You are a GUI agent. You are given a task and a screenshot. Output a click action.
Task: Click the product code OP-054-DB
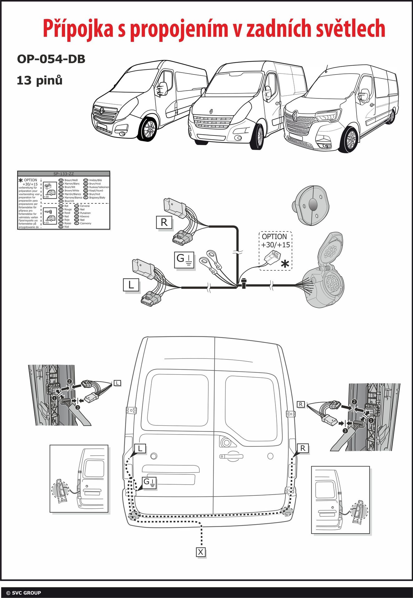click(51, 59)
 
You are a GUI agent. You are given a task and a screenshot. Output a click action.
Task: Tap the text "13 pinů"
click(40, 80)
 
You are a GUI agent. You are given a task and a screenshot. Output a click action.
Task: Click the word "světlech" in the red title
click(351, 29)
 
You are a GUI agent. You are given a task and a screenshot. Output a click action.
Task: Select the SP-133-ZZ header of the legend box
click(64, 174)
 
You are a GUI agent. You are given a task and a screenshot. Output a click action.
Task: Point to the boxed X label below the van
click(201, 552)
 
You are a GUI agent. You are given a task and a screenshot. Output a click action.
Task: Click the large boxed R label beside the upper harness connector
click(164, 222)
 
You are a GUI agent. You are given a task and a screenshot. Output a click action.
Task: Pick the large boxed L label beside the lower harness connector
click(131, 285)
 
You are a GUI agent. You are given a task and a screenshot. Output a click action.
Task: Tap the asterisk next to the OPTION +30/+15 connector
click(285, 264)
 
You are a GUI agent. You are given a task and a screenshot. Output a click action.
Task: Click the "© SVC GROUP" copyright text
click(24, 593)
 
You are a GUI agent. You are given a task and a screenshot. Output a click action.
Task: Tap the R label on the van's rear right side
click(303, 448)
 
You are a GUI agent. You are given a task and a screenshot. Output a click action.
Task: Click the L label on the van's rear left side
click(140, 448)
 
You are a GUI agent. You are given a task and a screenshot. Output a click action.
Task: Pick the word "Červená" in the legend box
click(85, 206)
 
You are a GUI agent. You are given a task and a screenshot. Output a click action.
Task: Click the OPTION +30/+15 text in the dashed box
click(276, 240)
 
